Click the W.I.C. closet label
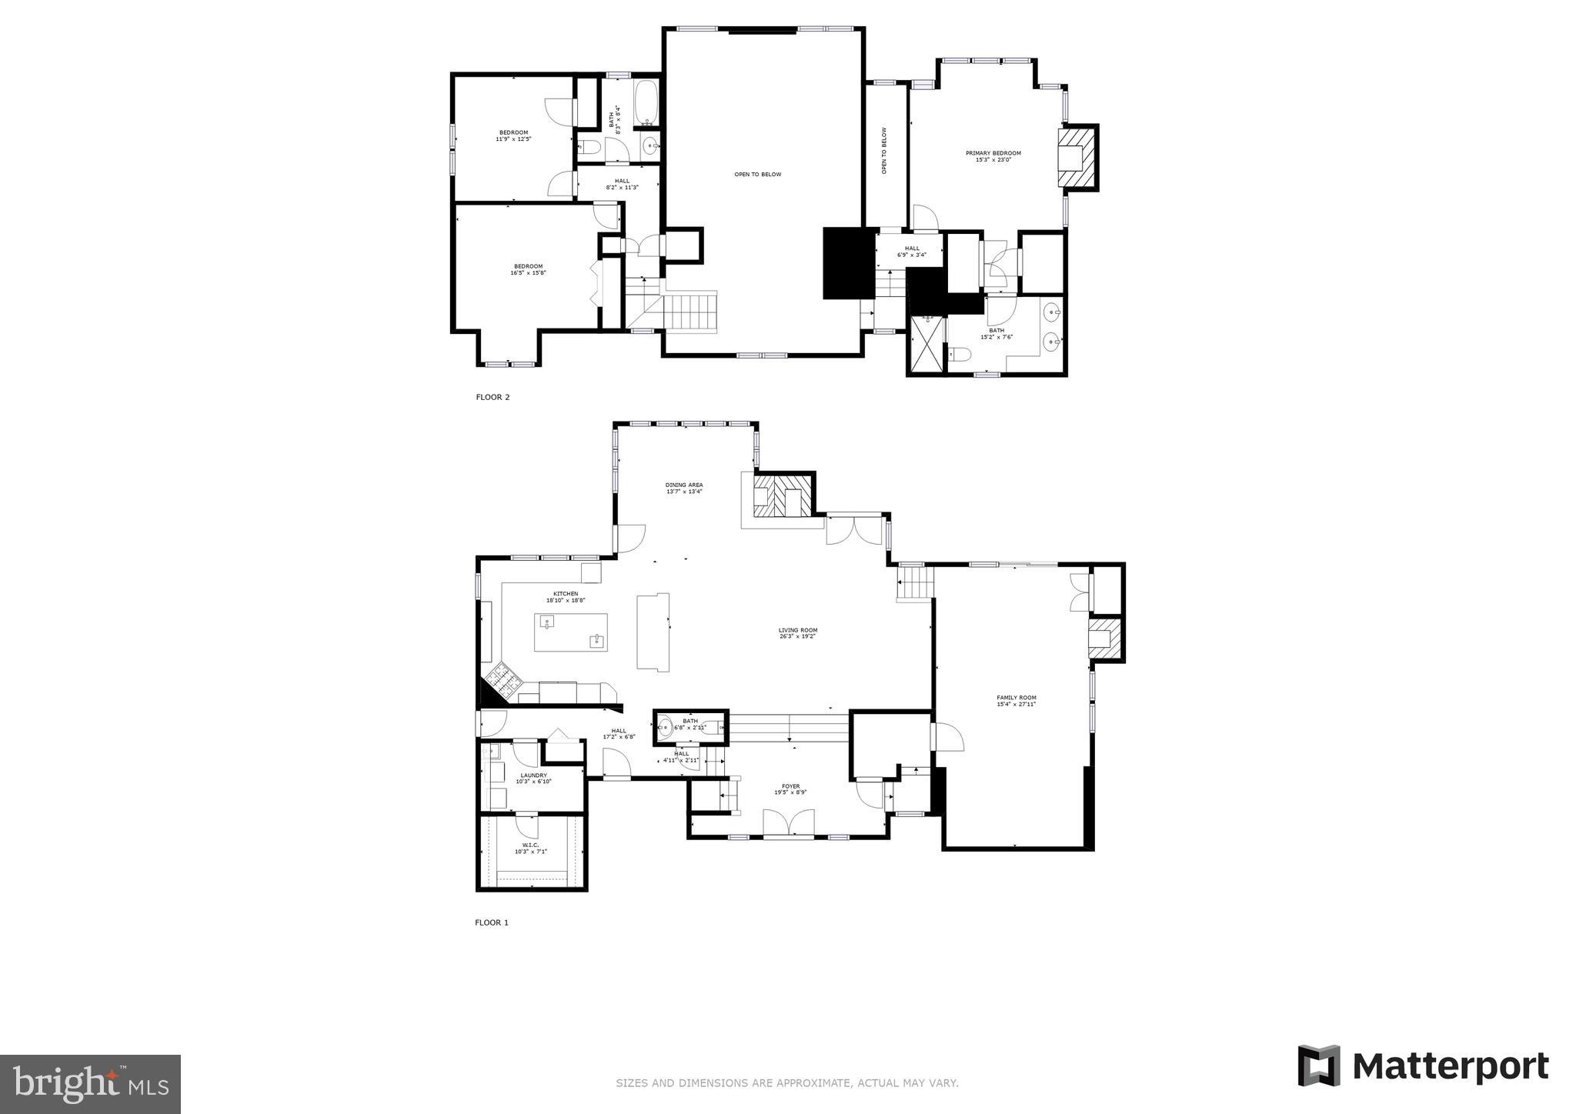click(x=530, y=847)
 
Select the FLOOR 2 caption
click(x=492, y=397)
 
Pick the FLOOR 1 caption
click(x=492, y=922)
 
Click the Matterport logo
click(x=1423, y=1066)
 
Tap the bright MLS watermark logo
click(x=90, y=1084)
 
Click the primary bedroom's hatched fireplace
click(x=1076, y=158)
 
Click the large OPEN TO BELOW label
click(x=757, y=175)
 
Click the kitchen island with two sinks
click(x=570, y=632)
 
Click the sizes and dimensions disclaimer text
click(x=786, y=1083)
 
